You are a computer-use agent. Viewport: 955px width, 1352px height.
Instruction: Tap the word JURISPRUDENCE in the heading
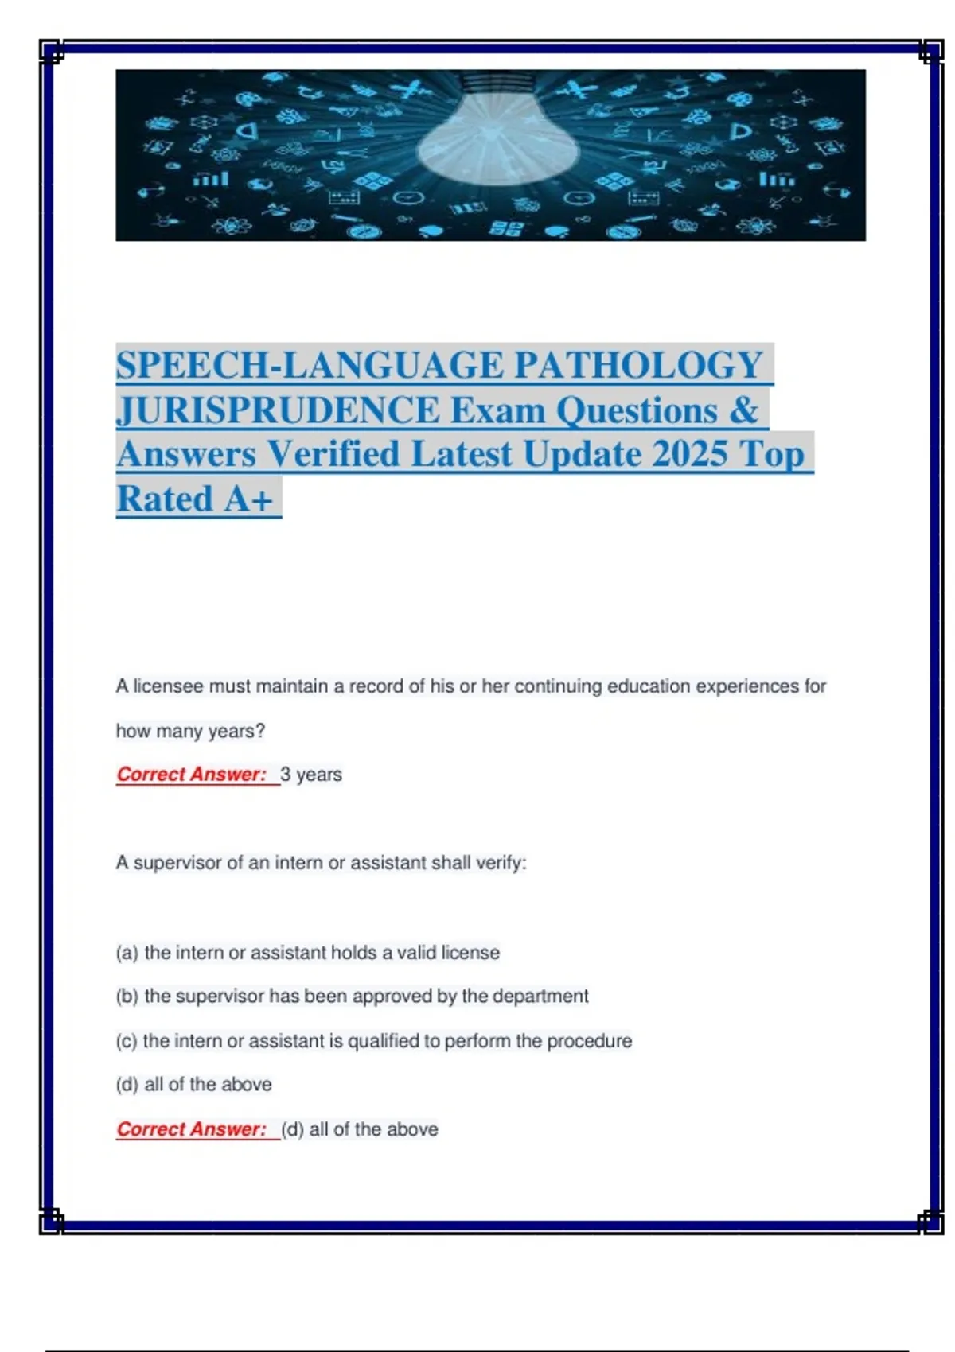(278, 410)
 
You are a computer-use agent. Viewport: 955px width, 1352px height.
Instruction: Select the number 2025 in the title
(689, 454)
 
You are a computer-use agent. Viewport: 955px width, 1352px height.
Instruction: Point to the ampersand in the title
(743, 410)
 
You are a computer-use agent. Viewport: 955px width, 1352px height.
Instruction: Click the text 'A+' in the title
(248, 499)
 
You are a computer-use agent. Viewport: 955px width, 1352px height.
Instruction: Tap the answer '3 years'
(311, 775)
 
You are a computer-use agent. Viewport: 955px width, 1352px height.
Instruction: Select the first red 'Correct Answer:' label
(191, 775)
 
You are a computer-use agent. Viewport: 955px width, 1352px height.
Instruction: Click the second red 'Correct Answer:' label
(191, 1129)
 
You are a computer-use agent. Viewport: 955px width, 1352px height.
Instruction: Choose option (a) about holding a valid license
(308, 953)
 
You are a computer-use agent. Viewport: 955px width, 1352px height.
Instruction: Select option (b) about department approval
(353, 997)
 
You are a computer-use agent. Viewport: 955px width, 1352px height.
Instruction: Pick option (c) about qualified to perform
(374, 1041)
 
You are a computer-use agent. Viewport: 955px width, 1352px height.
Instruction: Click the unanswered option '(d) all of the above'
(194, 1085)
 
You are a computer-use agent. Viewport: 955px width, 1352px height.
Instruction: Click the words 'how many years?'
(190, 731)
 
